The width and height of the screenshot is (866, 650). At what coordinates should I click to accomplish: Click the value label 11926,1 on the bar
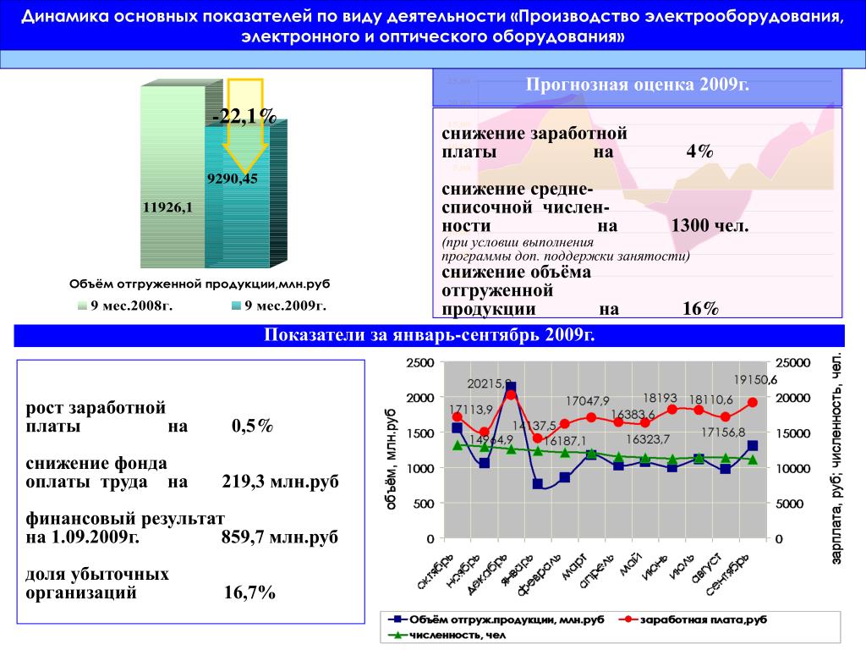tap(168, 207)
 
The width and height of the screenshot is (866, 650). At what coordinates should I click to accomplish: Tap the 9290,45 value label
tap(232, 179)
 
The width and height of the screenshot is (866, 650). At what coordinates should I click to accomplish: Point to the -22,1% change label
tap(244, 116)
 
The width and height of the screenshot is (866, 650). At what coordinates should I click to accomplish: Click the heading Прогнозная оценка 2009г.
tap(638, 85)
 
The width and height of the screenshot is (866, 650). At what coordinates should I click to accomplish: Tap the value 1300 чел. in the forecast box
tap(710, 226)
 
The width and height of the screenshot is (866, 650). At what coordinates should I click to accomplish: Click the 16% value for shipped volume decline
tap(700, 309)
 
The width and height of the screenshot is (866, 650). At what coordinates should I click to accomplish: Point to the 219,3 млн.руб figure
tap(280, 482)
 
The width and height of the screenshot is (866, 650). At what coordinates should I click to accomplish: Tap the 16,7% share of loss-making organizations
tap(249, 592)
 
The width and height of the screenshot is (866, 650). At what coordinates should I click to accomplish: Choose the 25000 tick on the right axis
tap(793, 363)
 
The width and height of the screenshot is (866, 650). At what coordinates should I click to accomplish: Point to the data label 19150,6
tap(755, 380)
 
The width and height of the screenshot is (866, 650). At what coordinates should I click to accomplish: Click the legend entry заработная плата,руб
tap(703, 620)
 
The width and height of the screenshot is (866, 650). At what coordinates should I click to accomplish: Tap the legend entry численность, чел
tap(452, 635)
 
